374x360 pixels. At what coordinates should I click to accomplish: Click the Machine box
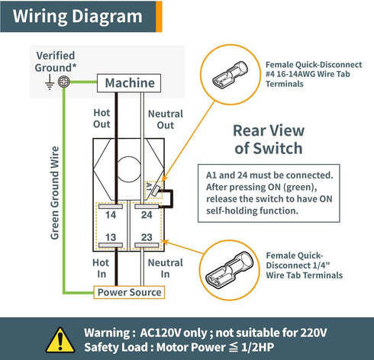pos(129,83)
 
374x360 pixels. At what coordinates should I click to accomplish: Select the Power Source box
pos(129,292)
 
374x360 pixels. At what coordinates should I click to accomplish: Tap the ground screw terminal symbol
pos(63,82)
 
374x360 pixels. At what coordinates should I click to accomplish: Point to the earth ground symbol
pos(50,82)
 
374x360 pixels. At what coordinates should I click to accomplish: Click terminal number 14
pos(111,215)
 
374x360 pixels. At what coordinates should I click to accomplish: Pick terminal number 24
pos(147,215)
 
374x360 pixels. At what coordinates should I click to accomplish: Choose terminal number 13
pos(111,237)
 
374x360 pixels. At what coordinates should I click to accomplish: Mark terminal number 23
pos(147,237)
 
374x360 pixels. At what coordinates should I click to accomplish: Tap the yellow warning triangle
pos(60,340)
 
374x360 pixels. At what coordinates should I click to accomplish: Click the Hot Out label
pos(102,118)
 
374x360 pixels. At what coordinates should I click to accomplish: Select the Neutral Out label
pos(166,120)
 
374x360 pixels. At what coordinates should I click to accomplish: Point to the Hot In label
pos(101,268)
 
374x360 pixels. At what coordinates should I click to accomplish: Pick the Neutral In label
pos(166,268)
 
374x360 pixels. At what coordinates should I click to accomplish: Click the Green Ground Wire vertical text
pos(55,193)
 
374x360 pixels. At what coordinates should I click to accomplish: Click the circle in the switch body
pos(129,169)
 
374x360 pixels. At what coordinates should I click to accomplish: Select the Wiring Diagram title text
pos(78,16)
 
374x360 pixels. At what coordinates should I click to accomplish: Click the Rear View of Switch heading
pos(269,140)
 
